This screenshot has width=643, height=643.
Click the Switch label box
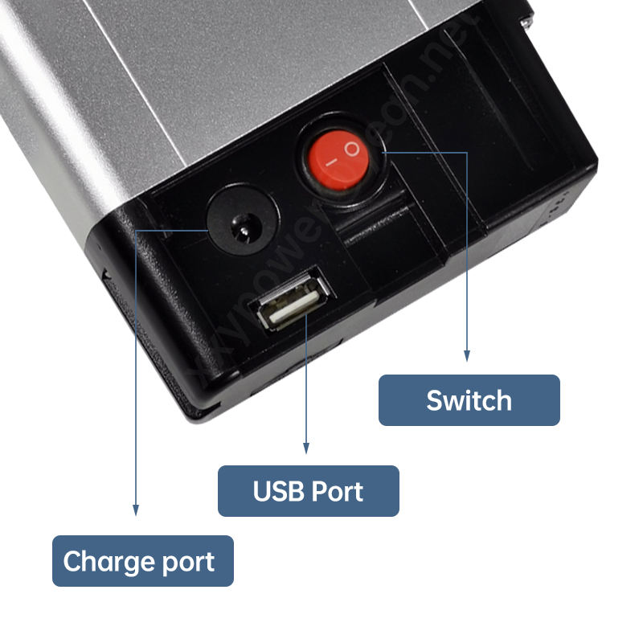tap(469, 399)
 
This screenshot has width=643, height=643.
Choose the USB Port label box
tap(308, 490)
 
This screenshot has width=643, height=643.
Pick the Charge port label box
tap(142, 560)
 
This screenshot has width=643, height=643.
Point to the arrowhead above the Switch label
tap(466, 354)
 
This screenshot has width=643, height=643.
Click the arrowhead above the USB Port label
tap(305, 446)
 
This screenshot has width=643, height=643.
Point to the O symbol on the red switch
tap(350, 148)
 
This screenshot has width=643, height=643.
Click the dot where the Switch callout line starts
tap(383, 150)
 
